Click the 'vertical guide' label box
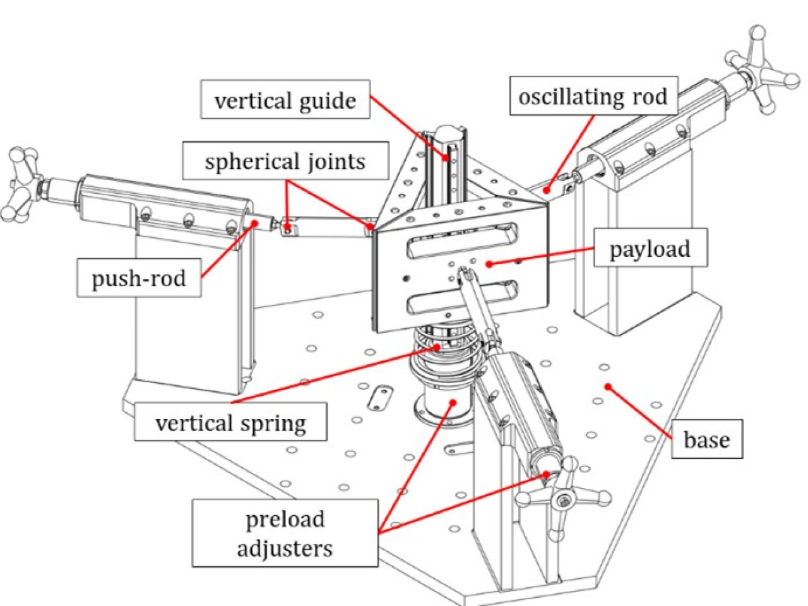(x=285, y=99)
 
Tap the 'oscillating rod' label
(x=593, y=96)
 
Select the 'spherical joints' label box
(x=286, y=161)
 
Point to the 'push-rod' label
(x=139, y=278)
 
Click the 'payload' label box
(x=650, y=247)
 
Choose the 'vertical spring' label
(x=230, y=422)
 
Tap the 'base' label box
(x=707, y=439)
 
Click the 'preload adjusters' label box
(x=285, y=533)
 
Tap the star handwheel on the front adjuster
(x=562, y=499)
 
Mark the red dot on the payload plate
(x=489, y=264)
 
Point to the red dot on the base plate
(x=608, y=386)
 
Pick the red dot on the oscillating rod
(x=547, y=190)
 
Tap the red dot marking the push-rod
(x=254, y=222)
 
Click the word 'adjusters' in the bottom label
(x=285, y=549)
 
